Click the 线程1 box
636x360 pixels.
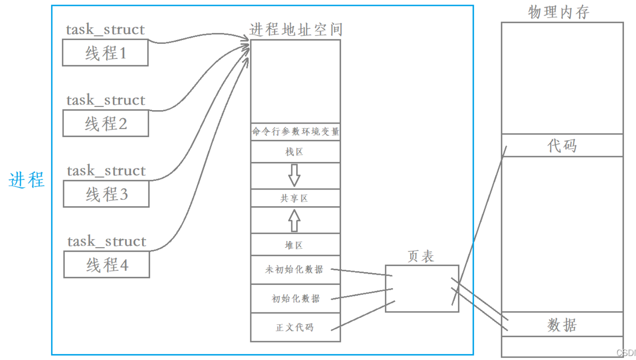coord(105,53)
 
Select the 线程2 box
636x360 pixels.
coord(106,124)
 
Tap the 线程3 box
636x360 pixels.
coord(106,194)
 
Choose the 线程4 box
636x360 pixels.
coord(107,265)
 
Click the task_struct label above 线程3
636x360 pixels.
coord(106,171)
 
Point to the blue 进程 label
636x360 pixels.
coord(26,180)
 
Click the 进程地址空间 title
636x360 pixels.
coord(296,30)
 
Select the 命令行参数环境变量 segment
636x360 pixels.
coord(295,132)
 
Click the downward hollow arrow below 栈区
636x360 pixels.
coord(294,175)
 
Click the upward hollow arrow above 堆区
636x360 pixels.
coord(294,221)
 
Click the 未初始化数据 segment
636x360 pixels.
coord(294,270)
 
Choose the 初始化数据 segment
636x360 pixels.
coord(295,299)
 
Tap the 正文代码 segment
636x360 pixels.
coord(295,327)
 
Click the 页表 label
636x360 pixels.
coord(421,256)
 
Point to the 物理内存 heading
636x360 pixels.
coord(559,12)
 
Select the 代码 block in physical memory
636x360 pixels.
coord(562,146)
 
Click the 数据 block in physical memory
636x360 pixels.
coord(562,325)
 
